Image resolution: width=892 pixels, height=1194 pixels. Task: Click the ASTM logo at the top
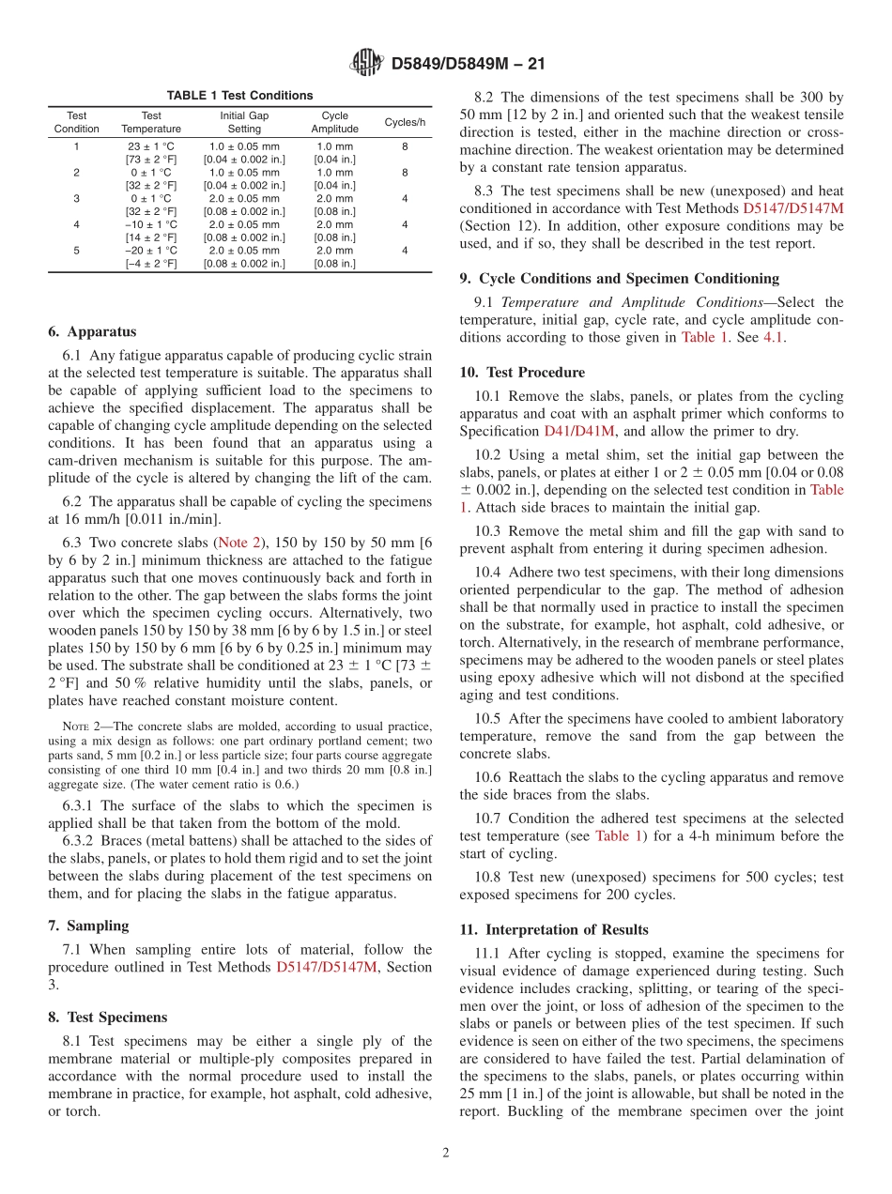(366, 63)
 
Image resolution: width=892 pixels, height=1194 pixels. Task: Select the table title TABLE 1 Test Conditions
(239, 96)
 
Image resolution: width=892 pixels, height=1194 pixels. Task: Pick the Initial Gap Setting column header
(244, 122)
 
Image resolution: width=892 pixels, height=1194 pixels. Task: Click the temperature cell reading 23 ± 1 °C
(151, 146)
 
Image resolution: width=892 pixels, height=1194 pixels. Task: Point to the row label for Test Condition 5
(76, 251)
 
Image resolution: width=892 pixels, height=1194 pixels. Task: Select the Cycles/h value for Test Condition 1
(404, 146)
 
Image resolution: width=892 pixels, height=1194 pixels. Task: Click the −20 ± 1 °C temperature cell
(151, 251)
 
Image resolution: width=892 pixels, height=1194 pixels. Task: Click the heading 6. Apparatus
(92, 331)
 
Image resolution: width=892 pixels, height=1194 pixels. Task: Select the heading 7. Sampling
(88, 925)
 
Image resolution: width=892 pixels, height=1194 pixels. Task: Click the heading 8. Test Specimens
(107, 1017)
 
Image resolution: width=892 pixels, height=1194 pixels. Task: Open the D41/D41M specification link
(579, 431)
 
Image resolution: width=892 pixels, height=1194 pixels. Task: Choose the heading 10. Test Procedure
(522, 372)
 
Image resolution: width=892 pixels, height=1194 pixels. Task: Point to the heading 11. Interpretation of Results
(553, 929)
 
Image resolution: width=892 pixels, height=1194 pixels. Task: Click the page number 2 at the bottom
(446, 1153)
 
